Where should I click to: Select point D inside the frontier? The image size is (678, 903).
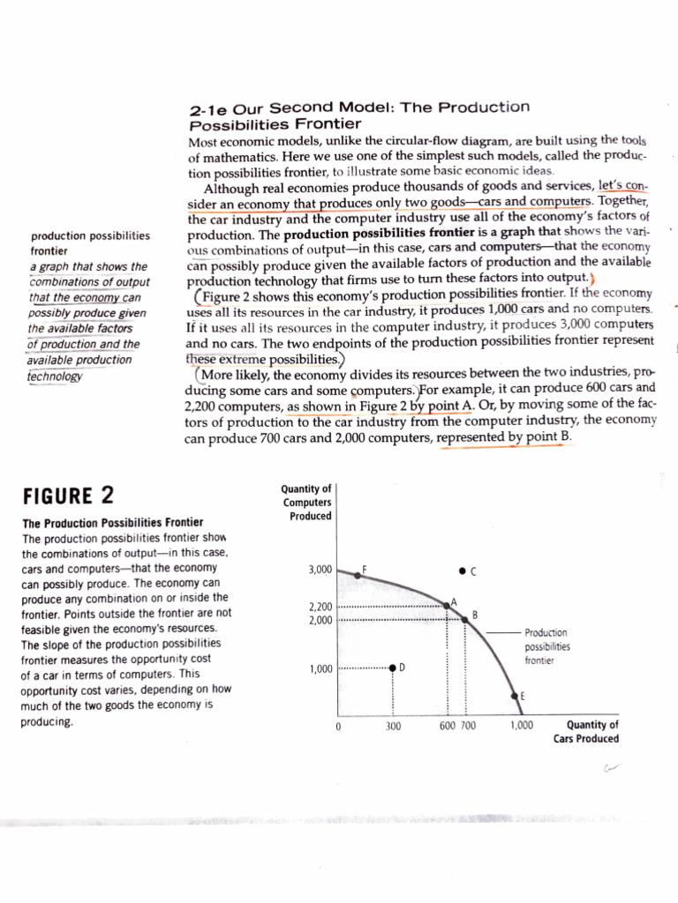point(393,668)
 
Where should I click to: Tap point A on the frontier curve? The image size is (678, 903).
point(448,606)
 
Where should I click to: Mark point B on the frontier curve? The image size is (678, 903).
point(465,620)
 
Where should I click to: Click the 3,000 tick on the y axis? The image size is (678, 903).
point(319,571)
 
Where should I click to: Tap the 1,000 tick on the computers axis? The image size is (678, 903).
point(319,668)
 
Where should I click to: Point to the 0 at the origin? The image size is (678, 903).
point(338,728)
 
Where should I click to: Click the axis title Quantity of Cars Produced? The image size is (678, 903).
point(585,732)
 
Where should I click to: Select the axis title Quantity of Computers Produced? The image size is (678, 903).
point(305,502)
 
